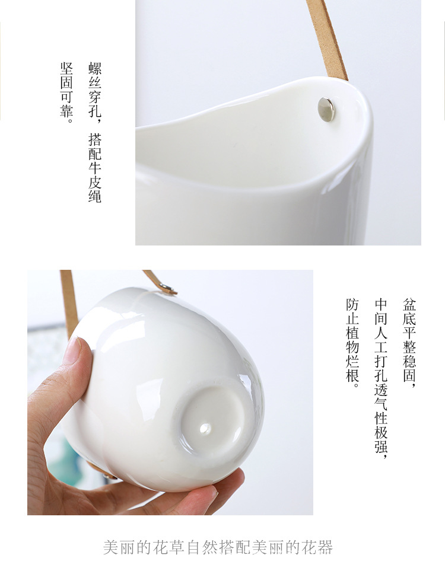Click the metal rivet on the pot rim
[325, 109]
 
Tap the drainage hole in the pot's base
[205, 427]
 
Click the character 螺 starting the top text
[95, 68]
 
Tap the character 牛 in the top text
[95, 168]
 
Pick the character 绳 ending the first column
[95, 196]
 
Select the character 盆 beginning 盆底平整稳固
[409, 305]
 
